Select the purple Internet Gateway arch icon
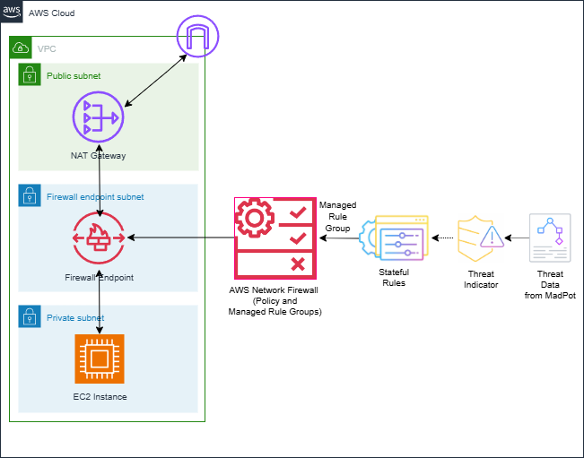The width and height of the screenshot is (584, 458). point(197,38)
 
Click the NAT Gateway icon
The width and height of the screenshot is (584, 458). point(98,117)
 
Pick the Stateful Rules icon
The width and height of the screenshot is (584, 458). point(395,240)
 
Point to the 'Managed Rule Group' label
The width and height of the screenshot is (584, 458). point(337,216)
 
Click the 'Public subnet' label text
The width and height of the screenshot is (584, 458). point(74,76)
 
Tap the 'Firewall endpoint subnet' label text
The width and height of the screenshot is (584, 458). point(95,196)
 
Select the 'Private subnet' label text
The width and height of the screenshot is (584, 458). point(75,317)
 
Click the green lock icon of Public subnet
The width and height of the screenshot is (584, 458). point(29,74)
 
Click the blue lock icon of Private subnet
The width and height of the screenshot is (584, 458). point(29,316)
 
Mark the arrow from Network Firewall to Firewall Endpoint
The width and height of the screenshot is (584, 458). point(179,238)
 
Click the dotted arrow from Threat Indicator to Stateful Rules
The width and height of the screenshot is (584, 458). point(442,238)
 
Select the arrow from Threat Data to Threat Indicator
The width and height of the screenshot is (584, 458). point(516,238)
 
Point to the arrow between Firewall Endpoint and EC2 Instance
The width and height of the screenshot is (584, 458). point(99,304)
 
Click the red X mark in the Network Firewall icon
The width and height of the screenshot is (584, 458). point(297,264)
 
